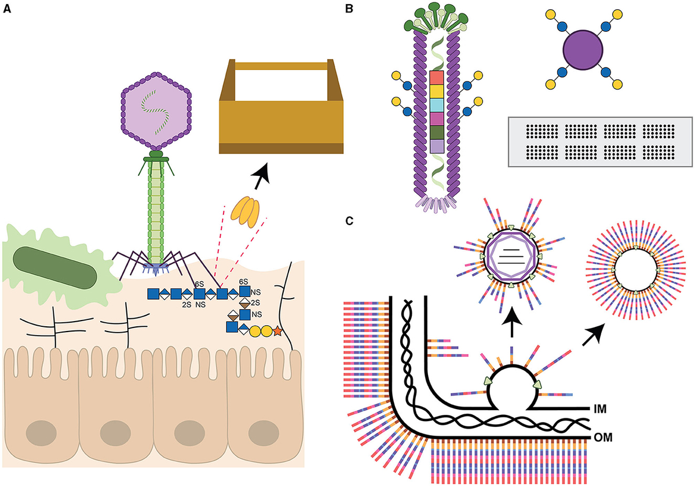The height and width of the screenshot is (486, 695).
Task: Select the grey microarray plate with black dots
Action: click(x=600, y=141)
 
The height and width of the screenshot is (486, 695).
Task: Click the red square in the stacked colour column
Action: click(x=437, y=78)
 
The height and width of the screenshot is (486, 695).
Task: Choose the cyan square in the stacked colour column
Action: click(x=437, y=105)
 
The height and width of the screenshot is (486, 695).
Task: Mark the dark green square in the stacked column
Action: click(x=437, y=132)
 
